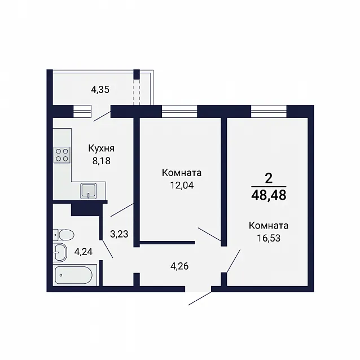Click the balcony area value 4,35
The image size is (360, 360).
(100, 90)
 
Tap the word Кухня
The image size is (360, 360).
(101, 148)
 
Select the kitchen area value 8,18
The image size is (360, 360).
(101, 161)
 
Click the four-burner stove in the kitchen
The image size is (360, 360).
(62, 155)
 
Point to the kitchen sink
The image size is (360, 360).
(88, 191)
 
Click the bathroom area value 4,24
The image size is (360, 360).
(84, 252)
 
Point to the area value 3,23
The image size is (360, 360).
(119, 234)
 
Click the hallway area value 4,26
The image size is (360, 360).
(179, 266)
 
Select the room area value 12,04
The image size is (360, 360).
(182, 185)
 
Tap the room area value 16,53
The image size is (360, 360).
(269, 238)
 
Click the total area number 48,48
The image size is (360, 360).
(269, 195)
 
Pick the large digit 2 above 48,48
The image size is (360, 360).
(269, 178)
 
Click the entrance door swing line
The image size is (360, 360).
(200, 298)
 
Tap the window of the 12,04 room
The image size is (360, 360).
(179, 111)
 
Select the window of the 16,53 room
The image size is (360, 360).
(269, 111)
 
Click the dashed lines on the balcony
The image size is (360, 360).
(137, 92)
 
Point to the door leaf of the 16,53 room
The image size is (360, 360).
(233, 261)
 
